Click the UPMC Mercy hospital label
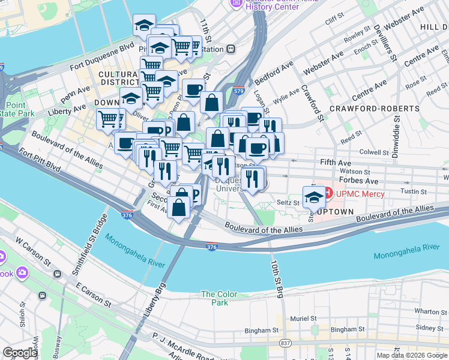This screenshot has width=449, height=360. (360, 194)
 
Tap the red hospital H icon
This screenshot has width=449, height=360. (328, 194)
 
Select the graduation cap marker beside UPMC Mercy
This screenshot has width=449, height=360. (314, 196)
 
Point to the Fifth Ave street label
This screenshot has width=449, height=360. (336, 162)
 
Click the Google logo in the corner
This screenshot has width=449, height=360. (20, 353)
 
